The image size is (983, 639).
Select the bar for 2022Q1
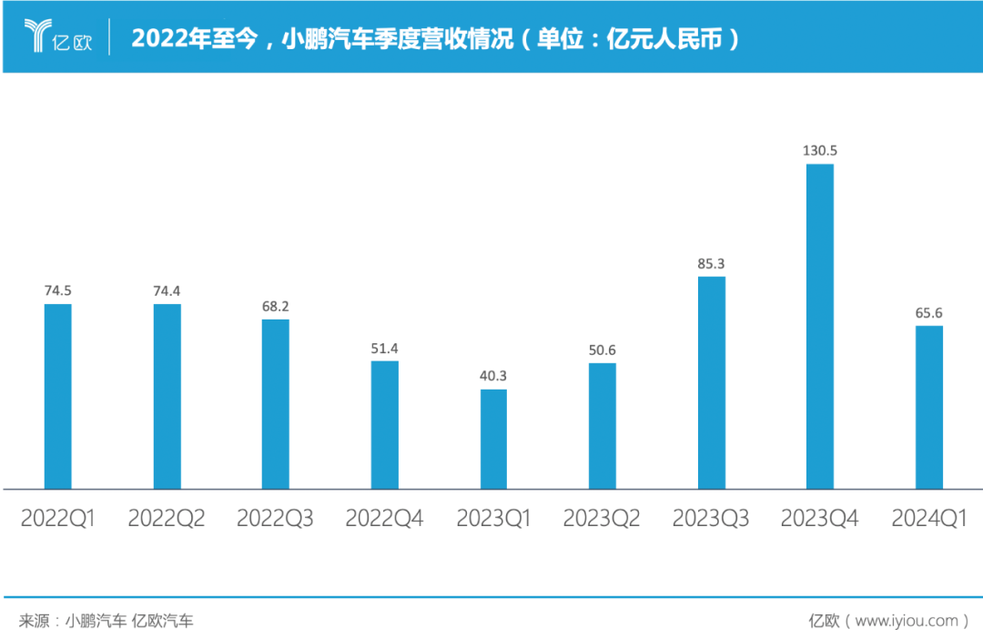57,396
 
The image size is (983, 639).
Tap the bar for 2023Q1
493,439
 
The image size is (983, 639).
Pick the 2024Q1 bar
928,407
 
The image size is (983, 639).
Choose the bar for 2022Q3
276,404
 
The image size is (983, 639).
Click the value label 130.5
819,150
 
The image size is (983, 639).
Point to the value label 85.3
712,264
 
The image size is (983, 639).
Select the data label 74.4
167,291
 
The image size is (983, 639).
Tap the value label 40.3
493,377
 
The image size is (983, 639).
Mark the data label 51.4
385,349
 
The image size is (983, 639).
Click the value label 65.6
928,313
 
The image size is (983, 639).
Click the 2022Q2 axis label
167,519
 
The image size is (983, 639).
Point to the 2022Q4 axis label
384,519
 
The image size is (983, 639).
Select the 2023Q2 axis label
602,519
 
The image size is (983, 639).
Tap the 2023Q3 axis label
711,519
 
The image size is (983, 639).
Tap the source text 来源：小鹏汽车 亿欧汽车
106,621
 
